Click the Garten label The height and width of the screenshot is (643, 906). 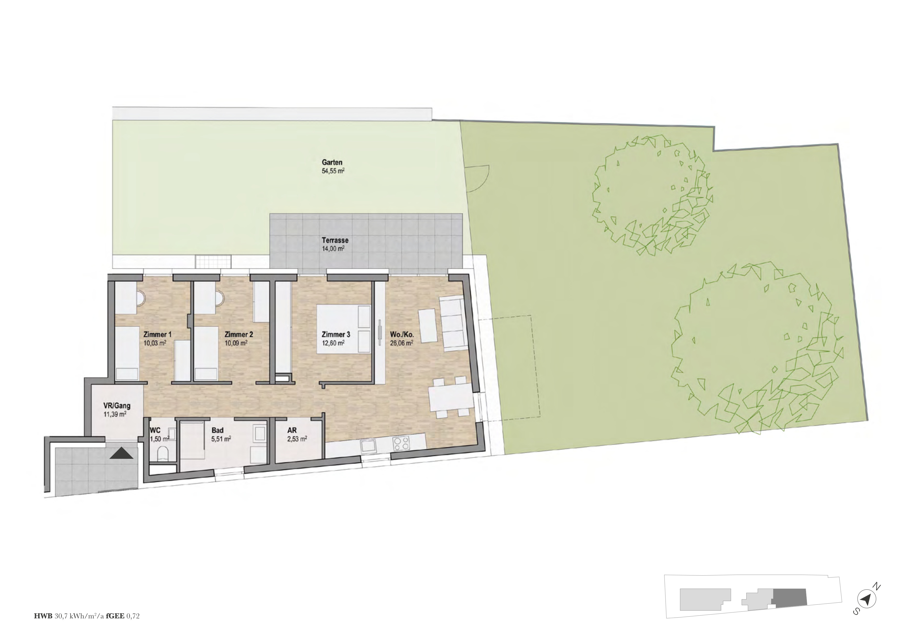[x=332, y=162]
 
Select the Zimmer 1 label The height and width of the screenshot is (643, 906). [x=158, y=335]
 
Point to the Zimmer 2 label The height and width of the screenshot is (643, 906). [x=239, y=335]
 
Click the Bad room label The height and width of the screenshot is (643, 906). [x=217, y=430]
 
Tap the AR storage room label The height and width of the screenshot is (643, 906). [x=292, y=430]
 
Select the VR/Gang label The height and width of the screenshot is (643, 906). [x=117, y=406]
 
